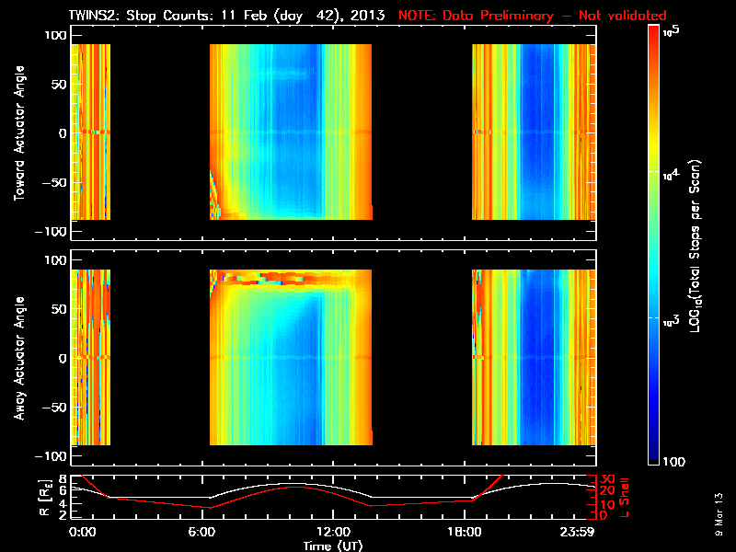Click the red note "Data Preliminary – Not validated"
click(532, 16)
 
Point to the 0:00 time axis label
click(83, 531)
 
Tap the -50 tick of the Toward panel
click(53, 182)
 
